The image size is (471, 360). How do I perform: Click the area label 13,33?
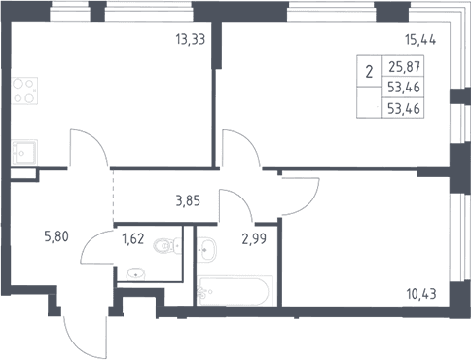pos(191,40)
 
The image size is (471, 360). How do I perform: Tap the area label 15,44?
pos(420,40)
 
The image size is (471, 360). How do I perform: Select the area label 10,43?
pos(421,294)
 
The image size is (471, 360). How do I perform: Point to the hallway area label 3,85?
pos(188,201)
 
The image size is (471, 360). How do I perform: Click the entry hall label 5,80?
pos(56,236)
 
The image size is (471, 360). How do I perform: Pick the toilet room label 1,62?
pos(132,239)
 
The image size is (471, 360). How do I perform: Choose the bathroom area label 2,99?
pos(254,239)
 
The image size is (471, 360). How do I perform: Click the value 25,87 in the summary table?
pos(405,67)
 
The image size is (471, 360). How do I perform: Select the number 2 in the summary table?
pos(369,72)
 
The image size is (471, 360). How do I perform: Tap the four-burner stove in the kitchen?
pos(24,90)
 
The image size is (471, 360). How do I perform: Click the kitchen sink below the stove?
pos(24,153)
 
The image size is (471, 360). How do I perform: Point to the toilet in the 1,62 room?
pos(166,245)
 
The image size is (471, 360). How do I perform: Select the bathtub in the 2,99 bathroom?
pos(235,291)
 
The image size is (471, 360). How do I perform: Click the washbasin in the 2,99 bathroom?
pos(205,249)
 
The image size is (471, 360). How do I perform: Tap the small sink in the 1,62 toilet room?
pos(135,274)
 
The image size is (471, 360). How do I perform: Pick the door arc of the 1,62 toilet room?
pos(90,240)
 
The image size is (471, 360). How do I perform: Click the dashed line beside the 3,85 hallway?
pos(113,197)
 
